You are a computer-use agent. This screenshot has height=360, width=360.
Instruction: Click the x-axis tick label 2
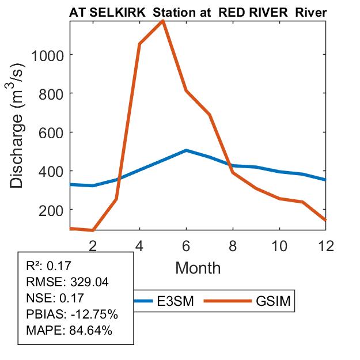(x=92, y=244)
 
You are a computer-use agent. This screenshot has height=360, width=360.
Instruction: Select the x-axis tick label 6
(x=186, y=244)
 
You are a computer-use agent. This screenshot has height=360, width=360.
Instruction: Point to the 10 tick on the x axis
(x=279, y=244)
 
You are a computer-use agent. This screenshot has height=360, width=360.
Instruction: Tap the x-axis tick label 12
(x=326, y=244)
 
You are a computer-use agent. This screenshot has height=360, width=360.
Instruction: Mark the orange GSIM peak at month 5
(x=163, y=21)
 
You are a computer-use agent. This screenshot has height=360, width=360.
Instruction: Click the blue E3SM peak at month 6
(x=186, y=150)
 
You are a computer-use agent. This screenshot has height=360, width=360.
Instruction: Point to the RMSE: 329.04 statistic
(x=68, y=282)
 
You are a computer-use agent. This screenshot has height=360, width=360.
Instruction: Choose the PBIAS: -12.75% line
(x=72, y=314)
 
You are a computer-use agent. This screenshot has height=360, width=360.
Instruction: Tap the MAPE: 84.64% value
(x=69, y=331)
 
